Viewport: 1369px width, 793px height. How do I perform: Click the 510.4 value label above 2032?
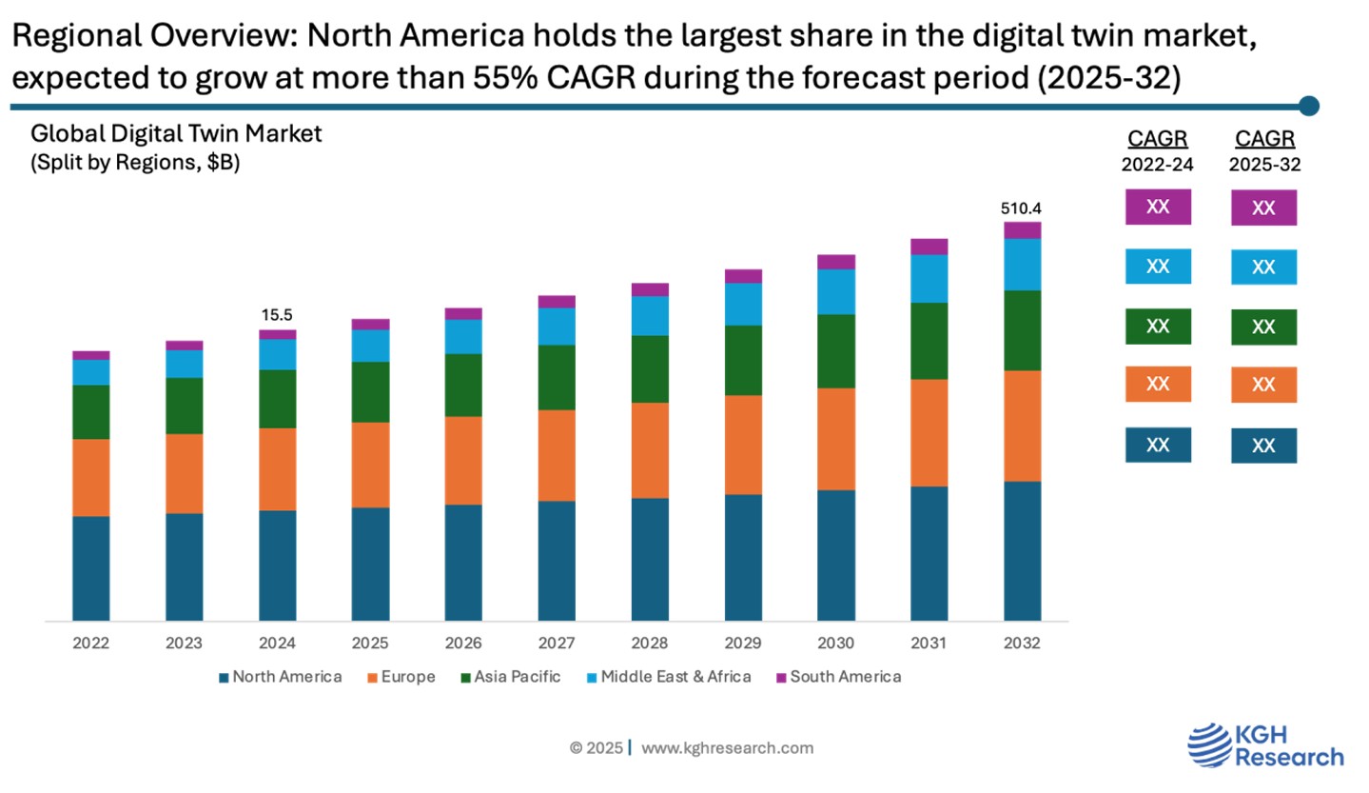point(1022,208)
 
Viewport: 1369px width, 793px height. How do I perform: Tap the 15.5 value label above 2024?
point(277,315)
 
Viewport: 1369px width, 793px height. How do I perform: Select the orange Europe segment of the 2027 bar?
point(557,455)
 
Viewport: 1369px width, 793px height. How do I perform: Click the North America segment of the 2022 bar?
point(90,568)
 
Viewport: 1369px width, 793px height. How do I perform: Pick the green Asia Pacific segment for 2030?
point(836,351)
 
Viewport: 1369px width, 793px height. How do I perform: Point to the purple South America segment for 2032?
point(1022,229)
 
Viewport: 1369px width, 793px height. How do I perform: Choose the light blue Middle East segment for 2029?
point(743,305)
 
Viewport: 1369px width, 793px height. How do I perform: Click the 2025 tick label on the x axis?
point(370,644)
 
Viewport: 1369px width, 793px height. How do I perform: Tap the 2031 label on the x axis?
point(929,644)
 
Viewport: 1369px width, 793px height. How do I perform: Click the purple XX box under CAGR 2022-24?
point(1158,207)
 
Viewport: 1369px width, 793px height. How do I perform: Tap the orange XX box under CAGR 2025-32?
point(1263,385)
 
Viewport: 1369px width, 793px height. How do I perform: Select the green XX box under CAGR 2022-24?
point(1158,326)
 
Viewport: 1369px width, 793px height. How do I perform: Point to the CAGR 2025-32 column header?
point(1264,150)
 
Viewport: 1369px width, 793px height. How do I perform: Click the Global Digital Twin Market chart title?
point(176,134)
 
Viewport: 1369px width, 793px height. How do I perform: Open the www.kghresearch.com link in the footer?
point(727,748)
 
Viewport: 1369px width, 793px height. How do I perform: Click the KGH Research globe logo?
point(1209,744)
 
